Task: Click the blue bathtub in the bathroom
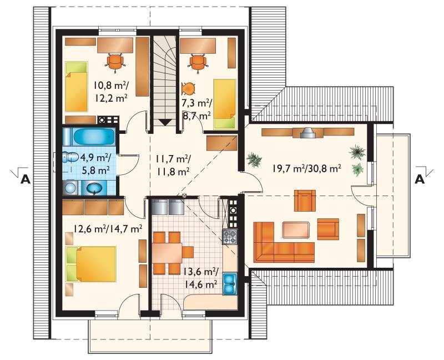coord(94,137)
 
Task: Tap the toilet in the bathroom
coord(70,157)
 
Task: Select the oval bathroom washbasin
coord(94,188)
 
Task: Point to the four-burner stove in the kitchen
coord(229,237)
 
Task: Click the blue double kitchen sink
coord(230,284)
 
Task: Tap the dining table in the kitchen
coord(167,253)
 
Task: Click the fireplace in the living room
coord(307,133)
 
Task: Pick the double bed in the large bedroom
coord(91,264)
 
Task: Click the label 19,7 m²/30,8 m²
coord(307,169)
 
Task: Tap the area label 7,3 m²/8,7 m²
coord(196,109)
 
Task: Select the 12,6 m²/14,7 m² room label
coord(108,229)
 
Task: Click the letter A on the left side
coord(25,179)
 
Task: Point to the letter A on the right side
coord(420,179)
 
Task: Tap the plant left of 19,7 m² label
coord(254,160)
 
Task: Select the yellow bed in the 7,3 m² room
coord(225,104)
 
